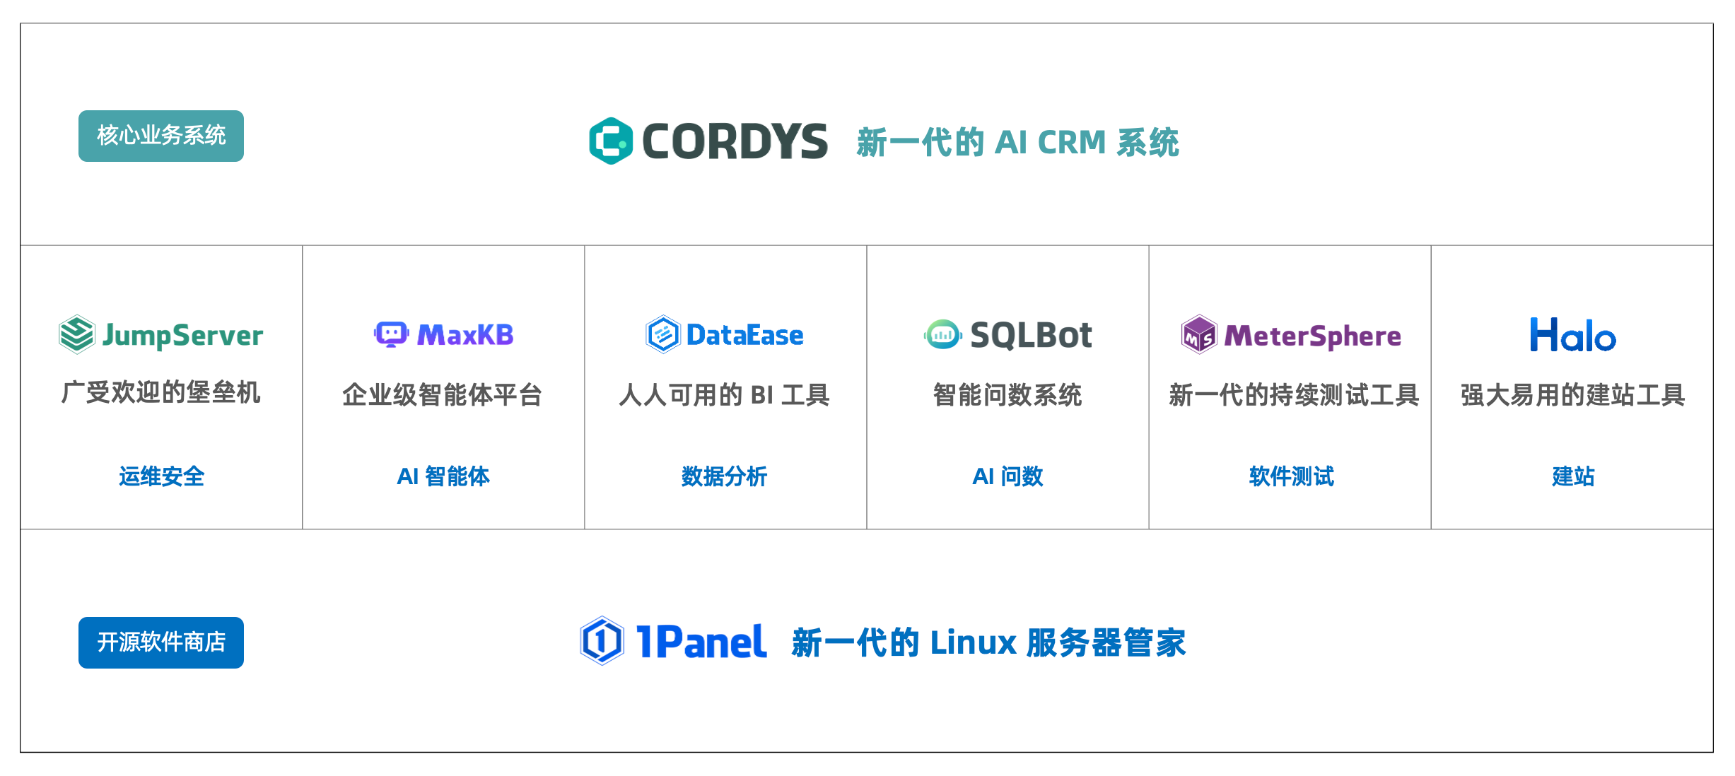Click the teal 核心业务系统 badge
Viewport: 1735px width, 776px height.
click(161, 136)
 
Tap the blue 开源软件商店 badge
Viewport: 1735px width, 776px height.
click(161, 642)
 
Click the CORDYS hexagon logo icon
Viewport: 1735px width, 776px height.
click(611, 141)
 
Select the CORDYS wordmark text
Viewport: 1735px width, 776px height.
click(735, 141)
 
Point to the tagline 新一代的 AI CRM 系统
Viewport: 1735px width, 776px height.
click(1017, 143)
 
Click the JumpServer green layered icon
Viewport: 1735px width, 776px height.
click(76, 334)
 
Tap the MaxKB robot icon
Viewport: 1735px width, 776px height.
click(391, 334)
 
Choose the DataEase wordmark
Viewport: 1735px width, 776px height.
click(744, 335)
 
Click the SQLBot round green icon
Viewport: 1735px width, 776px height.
click(942, 334)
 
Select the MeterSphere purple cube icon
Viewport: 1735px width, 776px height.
click(1199, 335)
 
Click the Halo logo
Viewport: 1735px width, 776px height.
click(1572, 335)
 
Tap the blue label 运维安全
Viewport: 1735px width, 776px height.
click(161, 476)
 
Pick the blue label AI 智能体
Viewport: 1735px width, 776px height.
click(443, 476)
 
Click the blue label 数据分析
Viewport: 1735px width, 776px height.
click(725, 476)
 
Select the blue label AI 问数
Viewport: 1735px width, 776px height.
click(1007, 476)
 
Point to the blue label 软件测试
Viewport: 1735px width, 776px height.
click(1291, 476)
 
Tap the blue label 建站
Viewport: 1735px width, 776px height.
click(1573, 476)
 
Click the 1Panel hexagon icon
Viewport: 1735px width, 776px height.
click(602, 641)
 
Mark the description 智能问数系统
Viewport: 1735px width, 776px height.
click(1007, 394)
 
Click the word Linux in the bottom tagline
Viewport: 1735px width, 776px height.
click(974, 643)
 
